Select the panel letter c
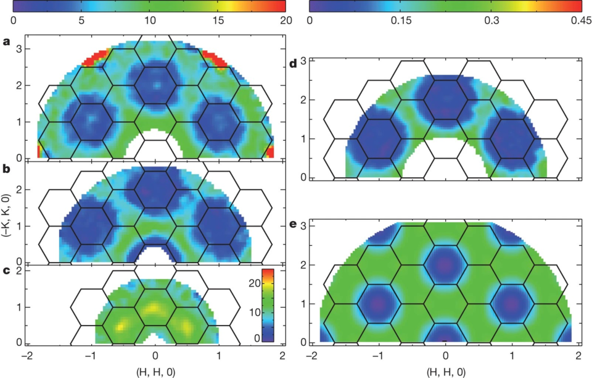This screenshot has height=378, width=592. (x=6, y=269)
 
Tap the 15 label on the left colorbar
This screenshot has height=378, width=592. (x=217, y=20)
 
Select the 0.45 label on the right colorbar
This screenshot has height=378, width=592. (x=577, y=20)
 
